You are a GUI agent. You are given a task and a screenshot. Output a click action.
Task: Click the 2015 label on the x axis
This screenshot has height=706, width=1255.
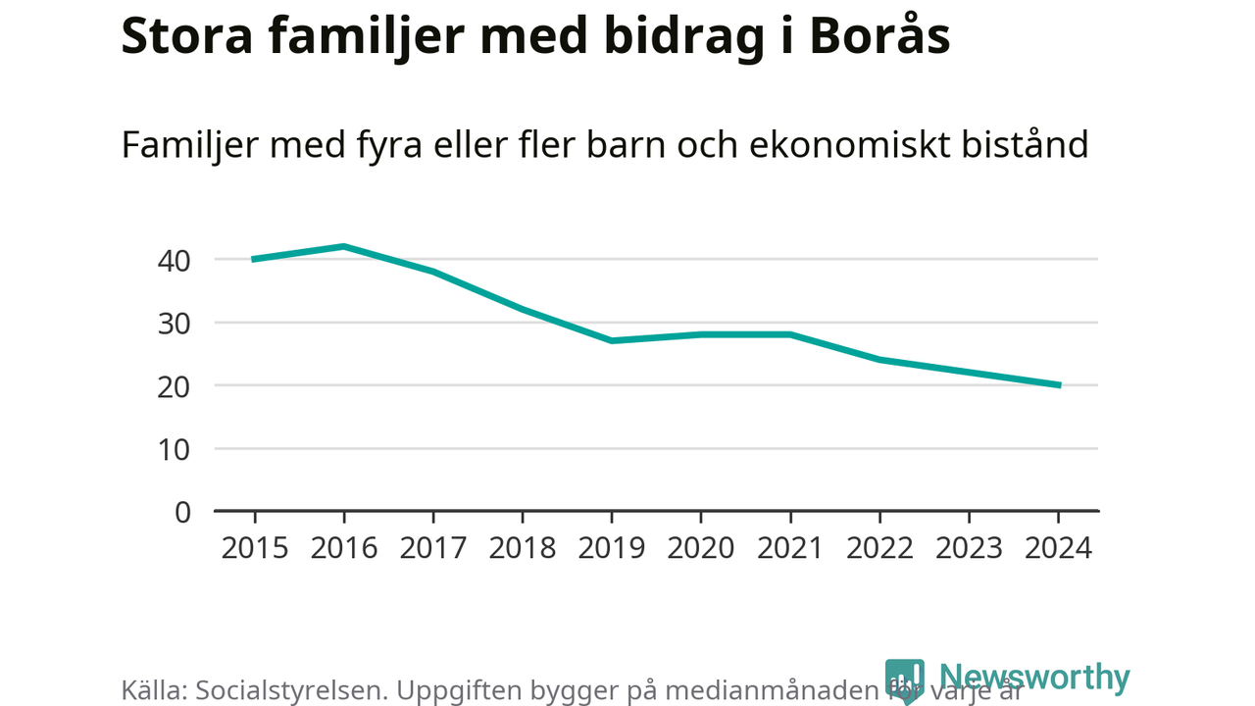click(x=255, y=547)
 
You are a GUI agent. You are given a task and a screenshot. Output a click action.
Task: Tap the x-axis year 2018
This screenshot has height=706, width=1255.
click(x=523, y=547)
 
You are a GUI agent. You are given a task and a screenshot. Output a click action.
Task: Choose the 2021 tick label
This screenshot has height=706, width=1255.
click(x=790, y=547)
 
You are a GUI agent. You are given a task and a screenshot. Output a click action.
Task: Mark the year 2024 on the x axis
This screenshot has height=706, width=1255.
click(x=1058, y=547)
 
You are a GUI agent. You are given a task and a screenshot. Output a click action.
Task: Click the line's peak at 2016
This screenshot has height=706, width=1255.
click(x=344, y=246)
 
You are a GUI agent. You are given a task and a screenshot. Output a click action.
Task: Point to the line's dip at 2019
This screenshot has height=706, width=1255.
click(x=612, y=340)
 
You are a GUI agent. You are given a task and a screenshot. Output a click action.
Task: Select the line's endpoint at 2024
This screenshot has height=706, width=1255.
click(x=1058, y=385)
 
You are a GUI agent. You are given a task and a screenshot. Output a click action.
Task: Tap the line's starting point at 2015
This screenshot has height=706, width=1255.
click(x=255, y=259)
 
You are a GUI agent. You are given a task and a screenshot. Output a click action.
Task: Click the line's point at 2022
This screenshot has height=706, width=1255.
click(x=879, y=360)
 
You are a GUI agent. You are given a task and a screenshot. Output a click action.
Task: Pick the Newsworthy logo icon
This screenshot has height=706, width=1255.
click(x=904, y=680)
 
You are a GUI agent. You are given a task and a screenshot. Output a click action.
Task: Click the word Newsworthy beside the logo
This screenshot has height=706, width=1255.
click(x=1034, y=678)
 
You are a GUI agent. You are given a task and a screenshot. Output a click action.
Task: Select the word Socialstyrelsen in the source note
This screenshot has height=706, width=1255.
click(x=293, y=690)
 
